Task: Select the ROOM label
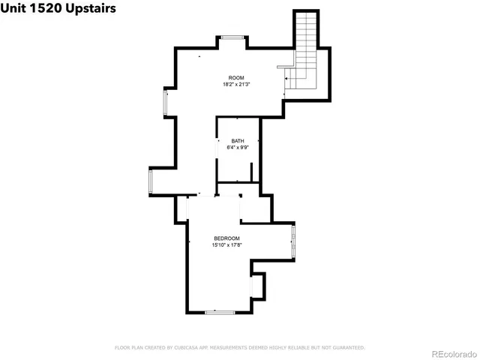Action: (x=237, y=78)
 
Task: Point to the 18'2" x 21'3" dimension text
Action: (x=237, y=85)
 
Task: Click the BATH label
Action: (x=238, y=141)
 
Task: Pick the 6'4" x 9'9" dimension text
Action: (x=238, y=148)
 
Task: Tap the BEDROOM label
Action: (x=226, y=238)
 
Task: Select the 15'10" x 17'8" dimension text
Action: (x=226, y=244)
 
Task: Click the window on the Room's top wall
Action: (x=231, y=37)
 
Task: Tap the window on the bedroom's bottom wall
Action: (x=219, y=311)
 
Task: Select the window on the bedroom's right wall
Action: (x=293, y=239)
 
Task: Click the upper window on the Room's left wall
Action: (x=166, y=103)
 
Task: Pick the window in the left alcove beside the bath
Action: (x=151, y=182)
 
